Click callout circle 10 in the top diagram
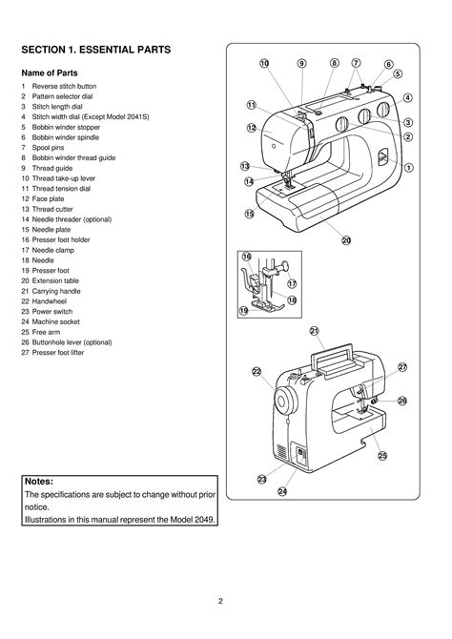tap(264, 63)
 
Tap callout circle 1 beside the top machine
tap(408, 167)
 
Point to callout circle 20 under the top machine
tap(346, 240)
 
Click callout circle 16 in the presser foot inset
tap(246, 257)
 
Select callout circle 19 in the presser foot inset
tap(243, 310)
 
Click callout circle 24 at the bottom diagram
tap(282, 491)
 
